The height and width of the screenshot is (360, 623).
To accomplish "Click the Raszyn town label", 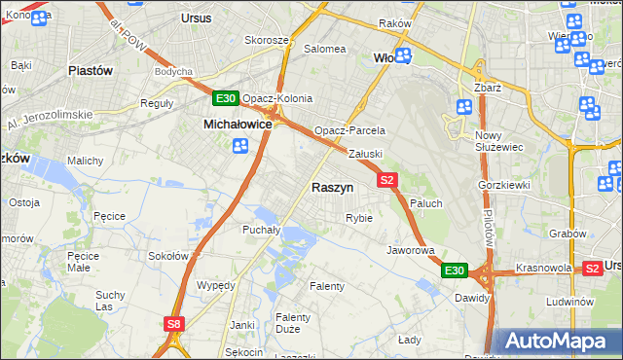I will [x=332, y=188].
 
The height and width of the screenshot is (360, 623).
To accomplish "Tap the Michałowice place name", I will [x=237, y=125].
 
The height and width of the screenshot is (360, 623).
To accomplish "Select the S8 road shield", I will [x=173, y=324].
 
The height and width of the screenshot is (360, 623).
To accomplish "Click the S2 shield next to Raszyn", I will [x=387, y=180].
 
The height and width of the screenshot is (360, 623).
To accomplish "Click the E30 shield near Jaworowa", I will [x=455, y=270].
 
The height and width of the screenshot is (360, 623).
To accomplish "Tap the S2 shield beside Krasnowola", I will [x=591, y=268].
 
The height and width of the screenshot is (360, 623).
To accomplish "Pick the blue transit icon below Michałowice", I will [x=239, y=146].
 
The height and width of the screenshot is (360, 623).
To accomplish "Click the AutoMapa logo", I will [x=559, y=342].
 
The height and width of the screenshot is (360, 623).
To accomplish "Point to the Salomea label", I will [x=324, y=49].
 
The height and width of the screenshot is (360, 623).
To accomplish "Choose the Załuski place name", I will [x=366, y=154].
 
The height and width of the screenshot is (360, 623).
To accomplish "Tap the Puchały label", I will [x=261, y=231].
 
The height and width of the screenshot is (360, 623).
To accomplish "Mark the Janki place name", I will [x=241, y=325].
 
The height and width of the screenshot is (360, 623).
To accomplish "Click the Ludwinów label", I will [x=570, y=302].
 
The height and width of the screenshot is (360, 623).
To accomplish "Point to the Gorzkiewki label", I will [x=502, y=185].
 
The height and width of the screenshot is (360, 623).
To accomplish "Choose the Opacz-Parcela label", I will [x=349, y=130].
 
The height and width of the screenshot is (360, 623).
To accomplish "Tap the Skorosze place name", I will [x=266, y=40].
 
